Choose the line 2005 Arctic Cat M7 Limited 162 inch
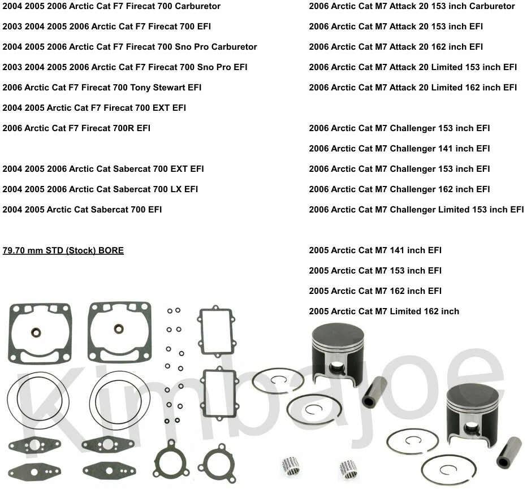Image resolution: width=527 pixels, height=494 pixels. pos(383,311)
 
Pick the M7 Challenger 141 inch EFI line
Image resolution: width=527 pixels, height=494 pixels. pos(399,149)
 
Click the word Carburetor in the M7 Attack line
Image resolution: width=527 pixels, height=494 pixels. pos(492,6)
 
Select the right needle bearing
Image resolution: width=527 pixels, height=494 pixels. pos(348,469)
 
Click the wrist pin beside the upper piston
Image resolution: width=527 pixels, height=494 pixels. pos(374,392)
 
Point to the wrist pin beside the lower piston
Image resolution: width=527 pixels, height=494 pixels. pos(508,452)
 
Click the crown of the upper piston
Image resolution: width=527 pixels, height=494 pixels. pos(338,333)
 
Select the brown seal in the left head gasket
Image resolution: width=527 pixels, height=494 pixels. pos(34,332)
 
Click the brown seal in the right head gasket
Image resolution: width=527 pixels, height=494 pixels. pos(119,328)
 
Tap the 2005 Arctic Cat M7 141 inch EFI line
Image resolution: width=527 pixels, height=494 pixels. pos(375,250)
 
